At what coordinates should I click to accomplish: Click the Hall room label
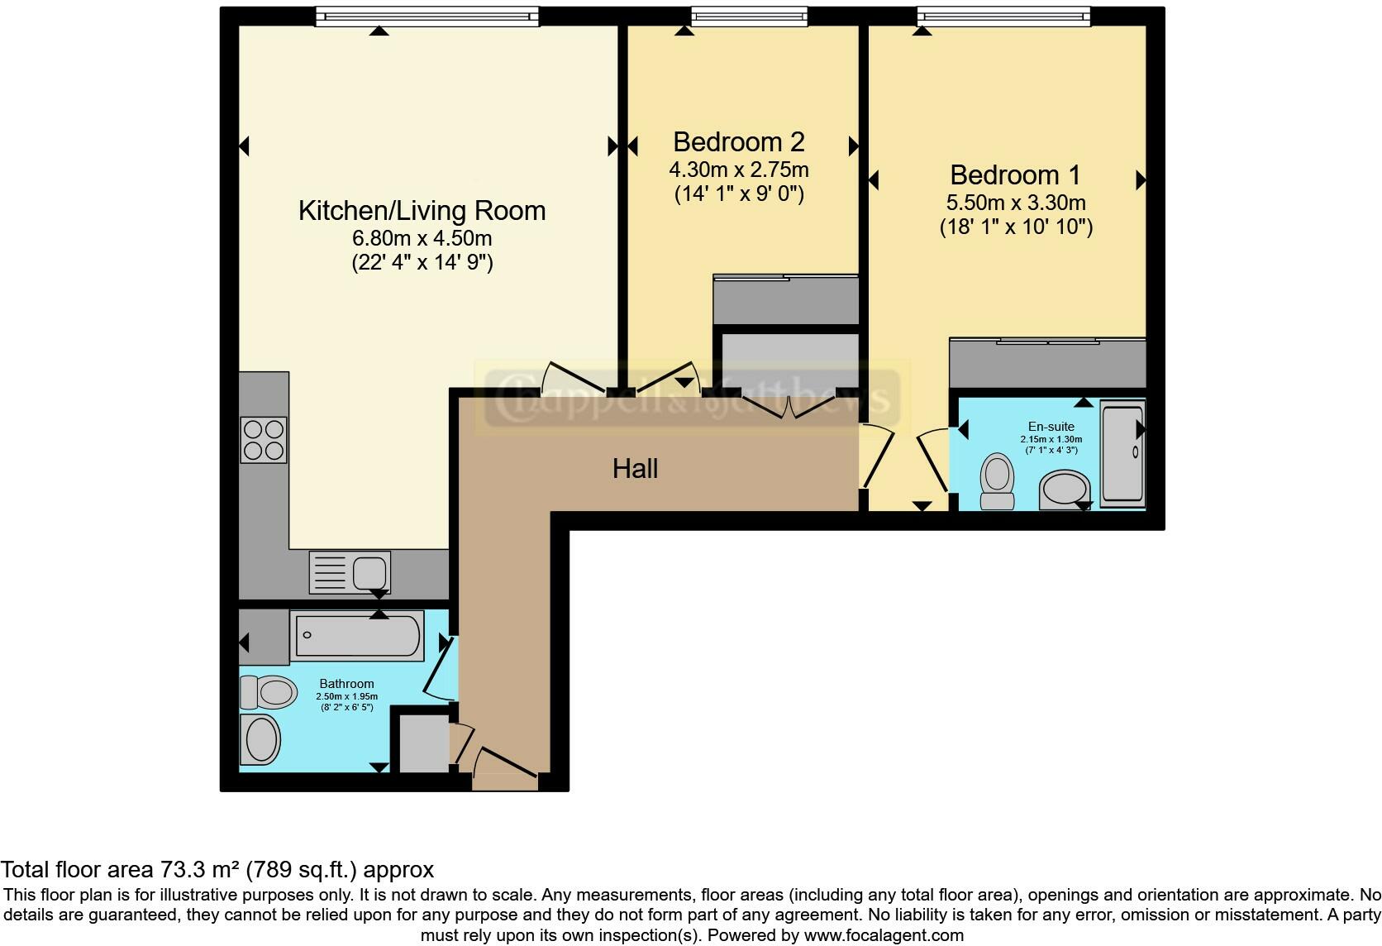pyautogui.click(x=635, y=469)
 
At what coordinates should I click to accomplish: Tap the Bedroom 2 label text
pyautogui.click(x=738, y=141)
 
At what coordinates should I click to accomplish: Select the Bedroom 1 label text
pyautogui.click(x=1015, y=174)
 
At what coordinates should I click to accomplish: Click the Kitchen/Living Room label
pyautogui.click(x=422, y=210)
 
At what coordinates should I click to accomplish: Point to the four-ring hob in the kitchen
pyautogui.click(x=264, y=439)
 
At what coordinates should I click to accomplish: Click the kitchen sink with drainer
pyautogui.click(x=350, y=572)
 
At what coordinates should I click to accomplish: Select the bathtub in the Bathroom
pyautogui.click(x=357, y=635)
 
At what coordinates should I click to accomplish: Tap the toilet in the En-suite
pyautogui.click(x=997, y=482)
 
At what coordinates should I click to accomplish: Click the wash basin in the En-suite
pyautogui.click(x=1065, y=489)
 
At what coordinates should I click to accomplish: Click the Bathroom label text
pyautogui.click(x=346, y=684)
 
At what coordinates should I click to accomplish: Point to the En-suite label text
pyautogui.click(x=1051, y=427)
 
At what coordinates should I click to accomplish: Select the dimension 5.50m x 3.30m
pyautogui.click(x=1015, y=203)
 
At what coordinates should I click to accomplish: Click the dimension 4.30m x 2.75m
pyautogui.click(x=738, y=170)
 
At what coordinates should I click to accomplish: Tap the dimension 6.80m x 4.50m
pyautogui.click(x=422, y=238)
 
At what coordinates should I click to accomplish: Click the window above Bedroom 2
pyautogui.click(x=749, y=16)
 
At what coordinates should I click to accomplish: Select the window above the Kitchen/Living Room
pyautogui.click(x=427, y=16)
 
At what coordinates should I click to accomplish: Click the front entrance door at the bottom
pyautogui.click(x=505, y=764)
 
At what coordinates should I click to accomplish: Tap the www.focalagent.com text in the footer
pyautogui.click(x=884, y=936)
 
